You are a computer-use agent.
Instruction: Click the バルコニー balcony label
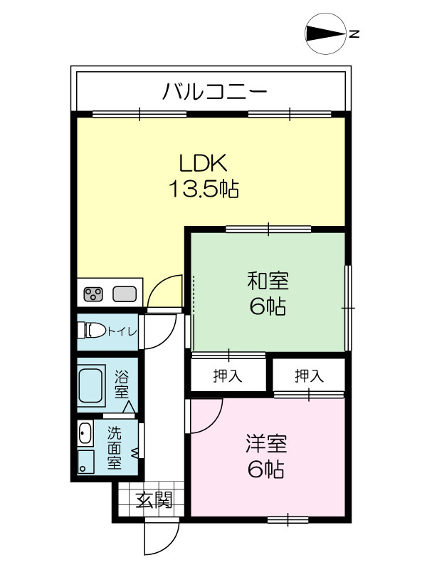coord(214,91)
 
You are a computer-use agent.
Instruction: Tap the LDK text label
coord(204,163)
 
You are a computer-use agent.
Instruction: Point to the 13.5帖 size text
coord(204,189)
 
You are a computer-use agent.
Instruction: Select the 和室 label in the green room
coord(268,281)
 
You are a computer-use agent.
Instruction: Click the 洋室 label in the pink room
coord(266,443)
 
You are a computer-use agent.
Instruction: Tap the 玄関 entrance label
coord(154,501)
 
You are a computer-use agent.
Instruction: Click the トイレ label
coord(122,331)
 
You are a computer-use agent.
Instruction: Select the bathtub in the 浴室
coord(91,385)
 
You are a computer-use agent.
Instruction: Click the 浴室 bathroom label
coord(122,384)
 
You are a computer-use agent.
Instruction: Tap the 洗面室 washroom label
coord(115,447)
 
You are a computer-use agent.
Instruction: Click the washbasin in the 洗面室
coord(85,432)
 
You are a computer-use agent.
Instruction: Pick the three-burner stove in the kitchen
coord(93,294)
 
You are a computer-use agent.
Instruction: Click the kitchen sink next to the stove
coord(124,294)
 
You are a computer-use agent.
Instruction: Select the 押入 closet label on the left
coord(228,375)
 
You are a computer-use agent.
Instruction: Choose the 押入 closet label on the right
coord(309,375)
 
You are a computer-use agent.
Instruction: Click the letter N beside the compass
coord(354,33)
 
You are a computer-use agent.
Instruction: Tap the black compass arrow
coord(325,33)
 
